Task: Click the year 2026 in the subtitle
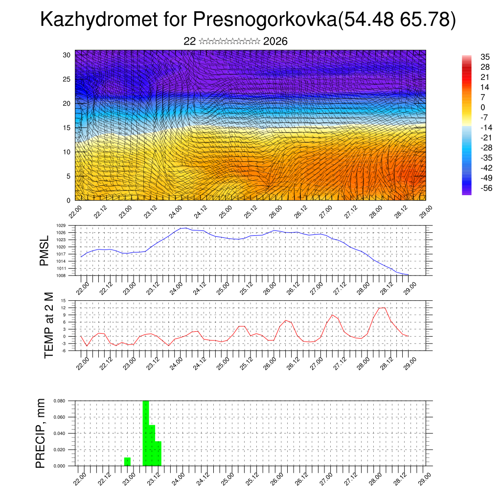(x=275, y=42)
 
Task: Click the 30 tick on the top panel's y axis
(x=67, y=55)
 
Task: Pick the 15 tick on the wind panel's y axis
(x=67, y=128)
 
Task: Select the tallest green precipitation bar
(x=145, y=433)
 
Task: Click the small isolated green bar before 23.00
(x=127, y=461)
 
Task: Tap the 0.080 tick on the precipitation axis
(x=59, y=401)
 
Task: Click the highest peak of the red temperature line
(x=382, y=307)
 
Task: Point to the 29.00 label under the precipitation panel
(x=424, y=478)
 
